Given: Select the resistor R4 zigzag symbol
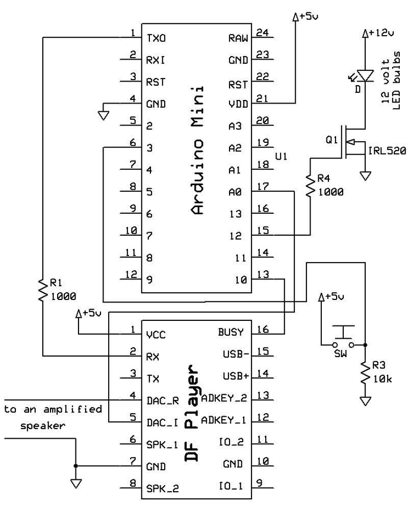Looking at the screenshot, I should click(310, 185).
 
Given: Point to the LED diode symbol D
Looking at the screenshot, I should click(365, 75).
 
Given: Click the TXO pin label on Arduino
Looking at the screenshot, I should click(156, 38).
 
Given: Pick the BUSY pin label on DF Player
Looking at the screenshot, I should click(231, 332).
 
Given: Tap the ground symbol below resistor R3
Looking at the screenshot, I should click(365, 401).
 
